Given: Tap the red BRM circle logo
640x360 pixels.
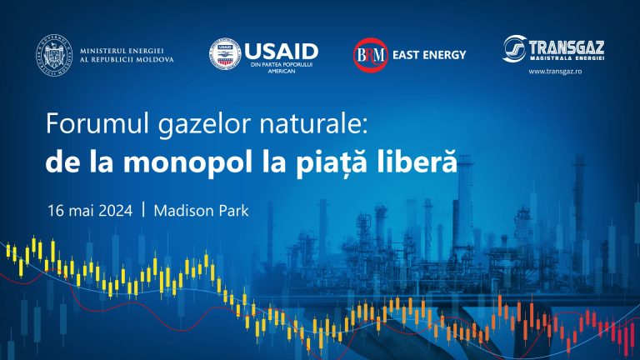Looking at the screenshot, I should pyautogui.click(x=370, y=55).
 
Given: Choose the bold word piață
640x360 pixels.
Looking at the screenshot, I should pyautogui.click(x=346, y=161).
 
